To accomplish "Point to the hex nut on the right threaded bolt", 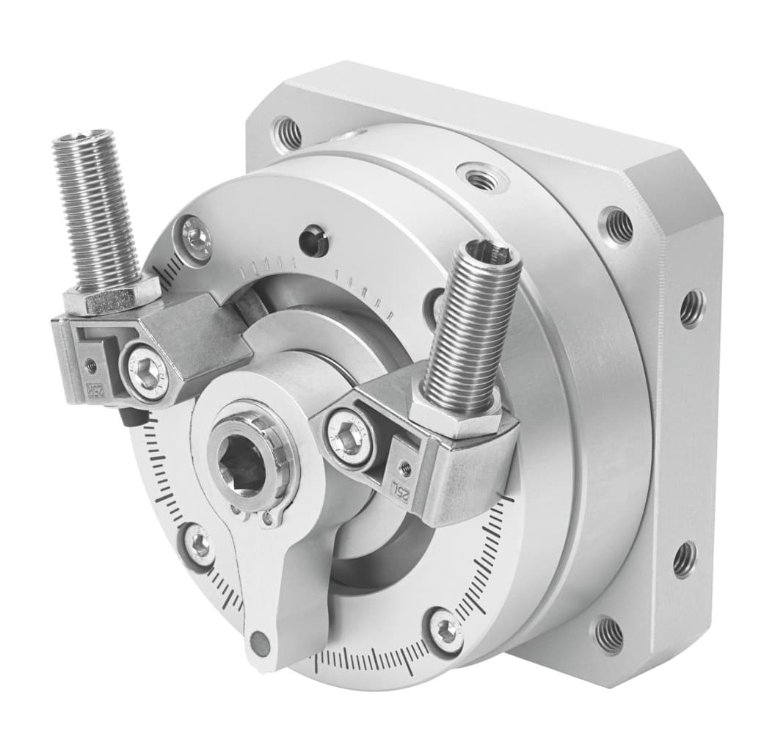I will click(456, 415).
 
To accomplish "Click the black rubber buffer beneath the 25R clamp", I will click(130, 417).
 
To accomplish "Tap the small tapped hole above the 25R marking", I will click(90, 363).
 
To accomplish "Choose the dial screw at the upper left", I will click(195, 235).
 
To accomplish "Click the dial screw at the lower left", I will click(199, 547).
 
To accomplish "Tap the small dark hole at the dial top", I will click(315, 242).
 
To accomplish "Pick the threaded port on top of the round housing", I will click(479, 177).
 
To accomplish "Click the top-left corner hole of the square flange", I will click(288, 133).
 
